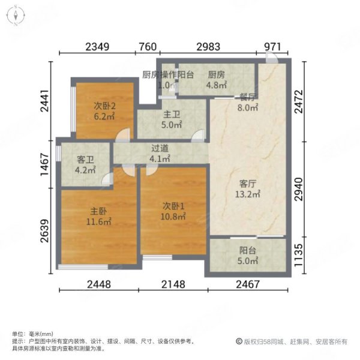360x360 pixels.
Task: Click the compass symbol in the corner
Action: point(16,16)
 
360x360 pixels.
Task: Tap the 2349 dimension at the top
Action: point(97,47)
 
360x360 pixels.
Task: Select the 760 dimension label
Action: point(148,47)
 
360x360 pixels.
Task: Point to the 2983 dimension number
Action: point(208,47)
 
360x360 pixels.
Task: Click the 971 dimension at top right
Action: point(272,47)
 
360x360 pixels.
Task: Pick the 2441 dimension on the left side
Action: point(45,101)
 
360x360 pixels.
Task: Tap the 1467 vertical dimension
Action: point(45,164)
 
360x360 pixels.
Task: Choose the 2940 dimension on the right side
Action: point(299,189)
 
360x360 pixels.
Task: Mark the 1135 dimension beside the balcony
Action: point(299,255)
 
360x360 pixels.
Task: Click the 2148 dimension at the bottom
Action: point(173,284)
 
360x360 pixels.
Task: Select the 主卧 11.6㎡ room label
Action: point(99,217)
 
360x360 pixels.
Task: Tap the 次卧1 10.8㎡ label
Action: point(173,211)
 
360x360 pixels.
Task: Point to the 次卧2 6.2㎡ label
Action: point(104,111)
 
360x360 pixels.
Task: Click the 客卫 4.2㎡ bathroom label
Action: point(85,164)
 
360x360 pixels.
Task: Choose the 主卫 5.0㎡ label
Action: point(172,119)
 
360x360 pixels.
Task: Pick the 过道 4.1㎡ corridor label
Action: point(160,154)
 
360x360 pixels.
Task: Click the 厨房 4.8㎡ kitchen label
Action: point(216,80)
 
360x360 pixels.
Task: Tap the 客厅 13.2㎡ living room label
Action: point(247,189)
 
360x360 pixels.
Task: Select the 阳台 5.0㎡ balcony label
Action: point(247,256)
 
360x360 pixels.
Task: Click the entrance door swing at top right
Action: point(272,58)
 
